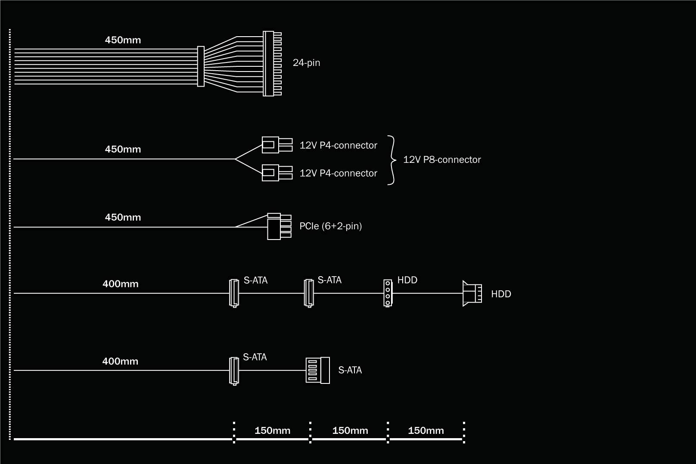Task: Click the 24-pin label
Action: coord(306,63)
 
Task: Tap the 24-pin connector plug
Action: coord(271,63)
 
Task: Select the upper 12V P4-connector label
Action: coord(338,146)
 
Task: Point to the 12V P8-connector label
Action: coord(442,160)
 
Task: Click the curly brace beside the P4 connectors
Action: coord(391,160)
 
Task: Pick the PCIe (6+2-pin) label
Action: coord(330,226)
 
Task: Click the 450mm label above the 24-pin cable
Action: coord(123,40)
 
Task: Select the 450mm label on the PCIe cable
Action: coord(123,218)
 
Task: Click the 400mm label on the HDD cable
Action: coord(121,284)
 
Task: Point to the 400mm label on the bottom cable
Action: coord(120,361)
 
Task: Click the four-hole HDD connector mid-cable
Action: coord(388,293)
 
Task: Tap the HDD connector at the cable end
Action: coord(472,293)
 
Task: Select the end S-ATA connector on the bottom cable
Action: coord(318,371)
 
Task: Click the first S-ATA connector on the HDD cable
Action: coord(233,293)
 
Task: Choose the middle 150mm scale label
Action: coord(350,430)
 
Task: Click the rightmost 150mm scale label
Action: coord(426,430)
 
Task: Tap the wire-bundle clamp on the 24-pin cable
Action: coord(201,66)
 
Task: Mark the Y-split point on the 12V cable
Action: coord(235,159)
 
